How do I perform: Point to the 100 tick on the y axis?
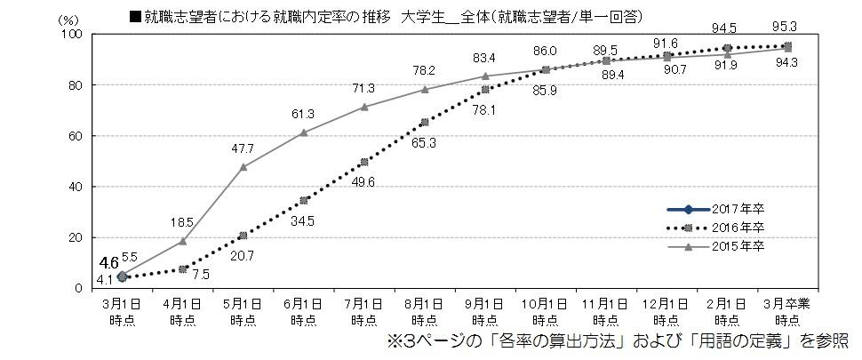74,34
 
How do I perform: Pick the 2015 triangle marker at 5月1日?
243,166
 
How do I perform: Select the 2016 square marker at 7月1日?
364,162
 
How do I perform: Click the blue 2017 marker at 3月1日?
122,276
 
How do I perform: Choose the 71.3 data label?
364,88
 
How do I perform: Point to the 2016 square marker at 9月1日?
485,89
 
